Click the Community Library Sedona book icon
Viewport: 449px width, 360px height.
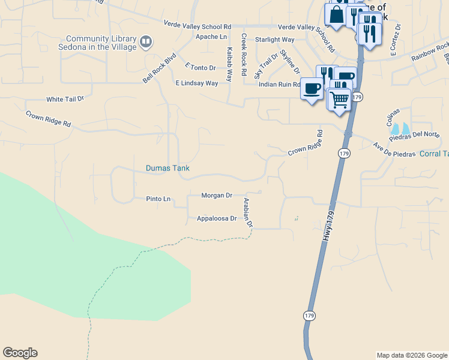coord(146,42)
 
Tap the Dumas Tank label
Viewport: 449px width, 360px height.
coord(167,168)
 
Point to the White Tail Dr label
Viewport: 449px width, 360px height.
coord(65,99)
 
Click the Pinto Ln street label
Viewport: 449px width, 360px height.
coord(158,199)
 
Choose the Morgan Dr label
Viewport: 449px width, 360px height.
coord(217,196)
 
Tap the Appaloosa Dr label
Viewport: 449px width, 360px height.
coord(217,218)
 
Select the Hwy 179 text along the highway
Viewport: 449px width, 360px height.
coord(328,222)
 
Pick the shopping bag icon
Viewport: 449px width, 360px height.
coord(336,14)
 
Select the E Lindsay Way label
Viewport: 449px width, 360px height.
coord(196,83)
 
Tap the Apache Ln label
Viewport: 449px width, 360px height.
coord(211,37)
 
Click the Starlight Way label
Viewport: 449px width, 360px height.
coord(274,40)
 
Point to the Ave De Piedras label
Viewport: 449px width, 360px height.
coord(394,150)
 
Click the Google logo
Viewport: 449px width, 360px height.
coord(20,353)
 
